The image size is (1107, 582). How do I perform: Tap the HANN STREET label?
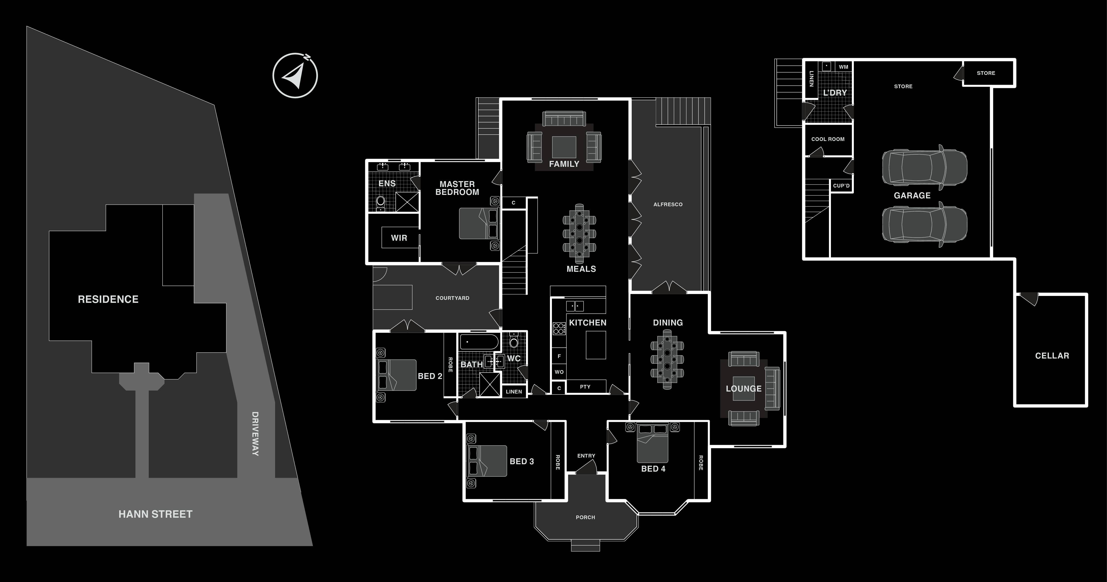click(x=156, y=514)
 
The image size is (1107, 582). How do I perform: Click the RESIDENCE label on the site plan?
click(x=108, y=299)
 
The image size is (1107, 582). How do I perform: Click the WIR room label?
click(x=399, y=238)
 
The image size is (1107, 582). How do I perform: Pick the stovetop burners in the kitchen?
click(x=559, y=329)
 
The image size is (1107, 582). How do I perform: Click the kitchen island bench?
click(x=596, y=345)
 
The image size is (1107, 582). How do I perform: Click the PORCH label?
click(x=585, y=517)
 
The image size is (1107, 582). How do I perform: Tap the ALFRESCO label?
click(x=668, y=205)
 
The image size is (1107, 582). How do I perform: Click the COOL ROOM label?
click(x=828, y=139)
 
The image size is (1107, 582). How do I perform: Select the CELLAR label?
click(x=1052, y=356)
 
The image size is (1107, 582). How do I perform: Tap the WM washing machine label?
click(x=843, y=67)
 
